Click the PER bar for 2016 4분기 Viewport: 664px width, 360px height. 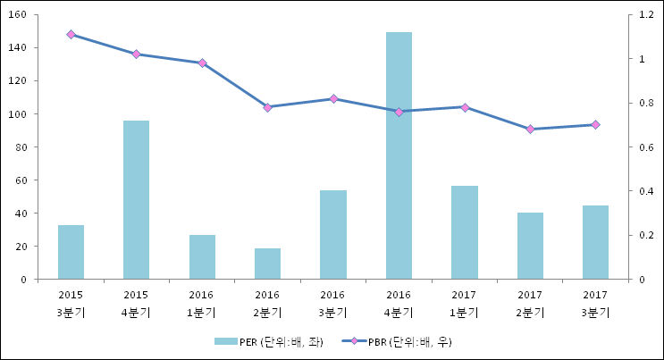click(x=399, y=155)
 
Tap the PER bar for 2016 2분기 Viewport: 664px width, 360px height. click(x=267, y=264)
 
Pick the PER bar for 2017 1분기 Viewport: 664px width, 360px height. click(x=464, y=232)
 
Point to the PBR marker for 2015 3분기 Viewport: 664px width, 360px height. click(x=71, y=35)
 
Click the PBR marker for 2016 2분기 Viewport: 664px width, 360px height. click(x=267, y=107)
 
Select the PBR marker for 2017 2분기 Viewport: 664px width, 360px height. click(x=530, y=130)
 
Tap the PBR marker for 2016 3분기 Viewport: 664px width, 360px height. click(x=333, y=99)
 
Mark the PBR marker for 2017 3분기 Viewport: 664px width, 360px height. click(x=595, y=125)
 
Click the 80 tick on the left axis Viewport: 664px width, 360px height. click(x=26, y=147)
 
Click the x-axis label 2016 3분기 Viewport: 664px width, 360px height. click(x=333, y=303)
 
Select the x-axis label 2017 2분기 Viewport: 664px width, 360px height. click(x=530, y=303)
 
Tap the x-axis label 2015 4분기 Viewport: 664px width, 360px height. click(x=136, y=303)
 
